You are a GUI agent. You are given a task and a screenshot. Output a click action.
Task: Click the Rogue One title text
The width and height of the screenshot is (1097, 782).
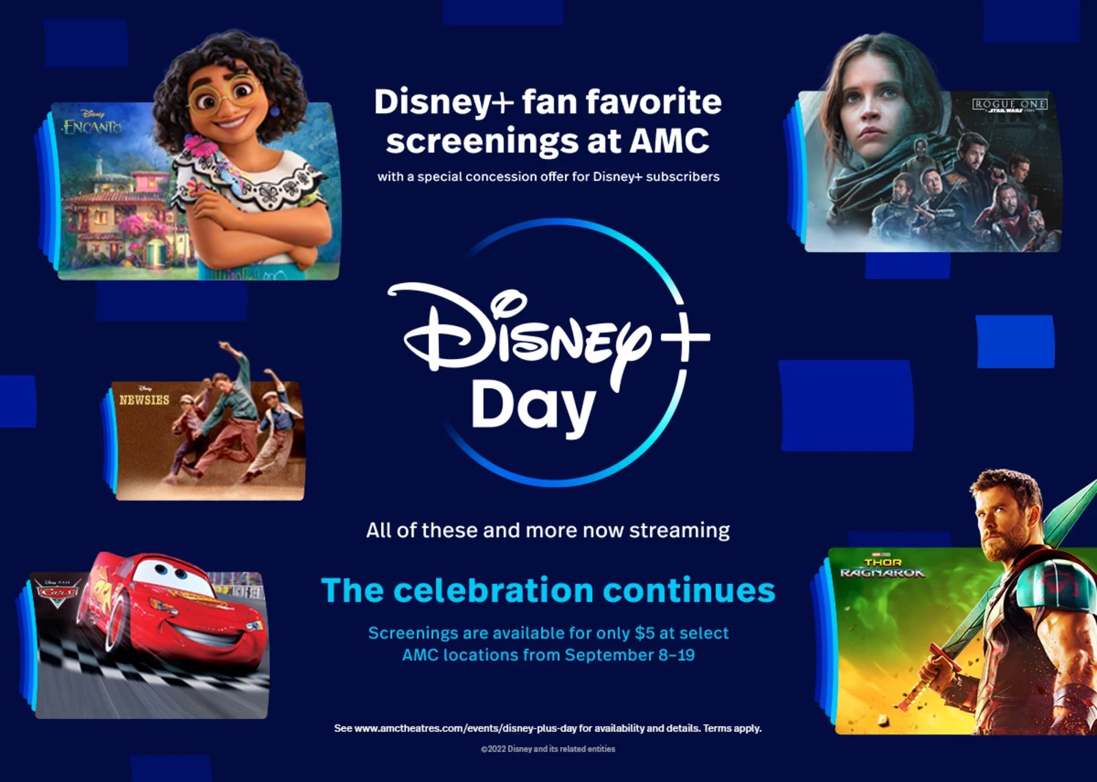1009,105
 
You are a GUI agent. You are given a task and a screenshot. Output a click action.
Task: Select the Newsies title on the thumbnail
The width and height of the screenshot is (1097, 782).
144,400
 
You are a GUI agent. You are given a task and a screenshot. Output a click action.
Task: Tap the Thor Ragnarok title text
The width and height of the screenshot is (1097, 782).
882,568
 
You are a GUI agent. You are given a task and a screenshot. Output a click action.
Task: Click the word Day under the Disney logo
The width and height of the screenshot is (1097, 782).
533,406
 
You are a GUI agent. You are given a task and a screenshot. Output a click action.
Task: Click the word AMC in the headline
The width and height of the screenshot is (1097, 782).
669,140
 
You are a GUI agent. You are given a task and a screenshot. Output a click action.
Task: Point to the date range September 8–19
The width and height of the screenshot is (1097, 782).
629,655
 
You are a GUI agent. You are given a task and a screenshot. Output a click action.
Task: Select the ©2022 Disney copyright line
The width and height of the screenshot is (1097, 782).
548,749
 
